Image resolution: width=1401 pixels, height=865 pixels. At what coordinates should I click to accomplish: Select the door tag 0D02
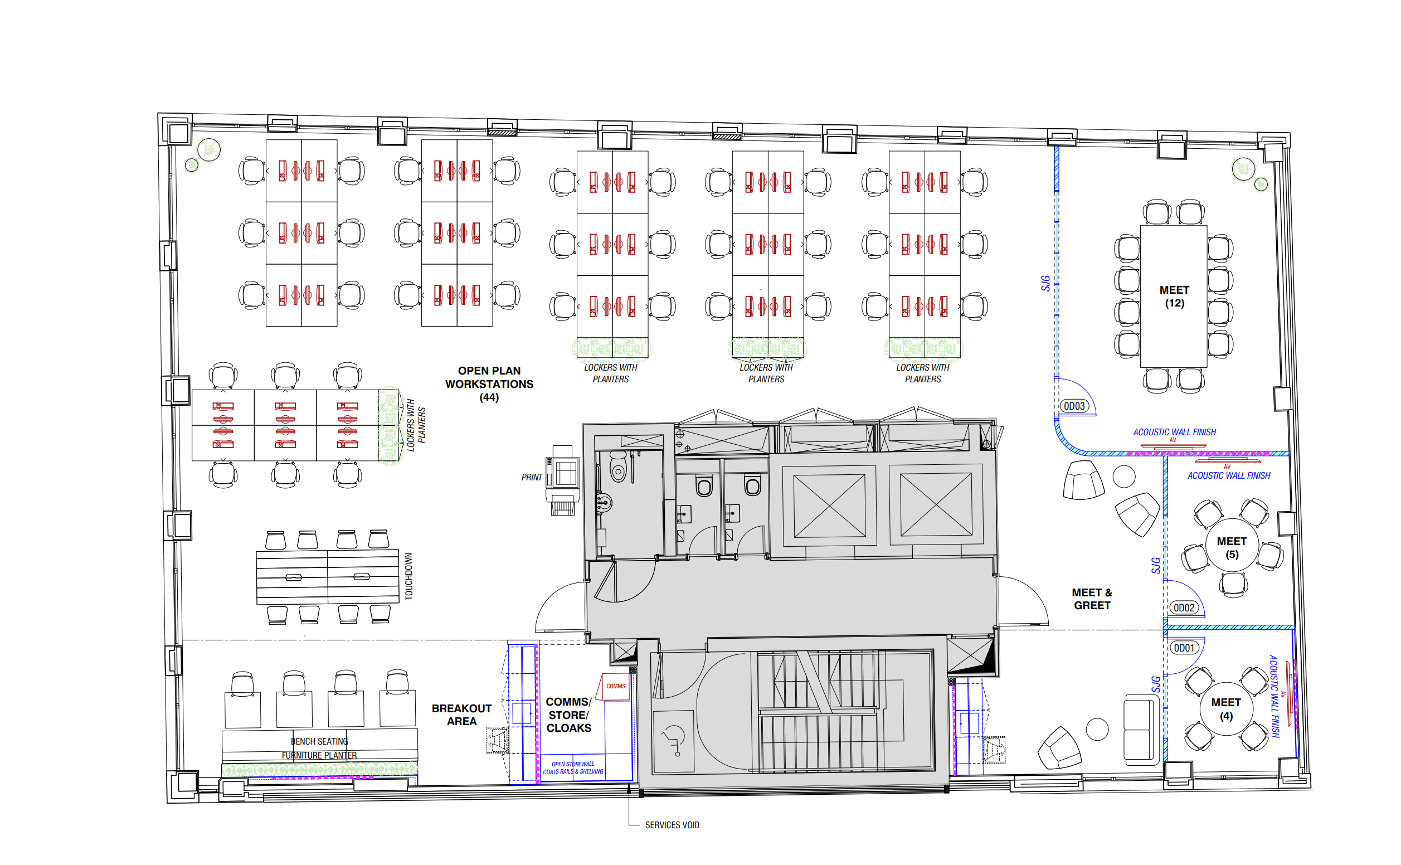[x=1184, y=608]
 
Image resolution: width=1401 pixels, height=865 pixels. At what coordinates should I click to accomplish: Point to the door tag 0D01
[x=1184, y=648]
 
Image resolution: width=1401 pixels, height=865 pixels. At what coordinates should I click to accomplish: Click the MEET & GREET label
[x=1092, y=599]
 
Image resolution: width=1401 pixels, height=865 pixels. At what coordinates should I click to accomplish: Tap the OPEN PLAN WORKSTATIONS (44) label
[x=489, y=384]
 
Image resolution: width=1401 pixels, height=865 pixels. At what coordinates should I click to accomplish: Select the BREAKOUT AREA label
[x=461, y=715]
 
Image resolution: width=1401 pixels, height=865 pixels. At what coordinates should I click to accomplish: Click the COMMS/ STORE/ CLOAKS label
[x=568, y=715]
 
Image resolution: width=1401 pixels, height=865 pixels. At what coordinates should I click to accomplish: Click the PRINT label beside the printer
[x=531, y=477]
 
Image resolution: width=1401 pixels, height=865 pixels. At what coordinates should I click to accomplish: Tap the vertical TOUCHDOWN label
[x=408, y=576]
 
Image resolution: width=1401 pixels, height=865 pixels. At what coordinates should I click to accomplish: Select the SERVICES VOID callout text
[x=672, y=825]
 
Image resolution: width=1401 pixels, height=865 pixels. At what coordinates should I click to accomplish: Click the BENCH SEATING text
[x=319, y=741]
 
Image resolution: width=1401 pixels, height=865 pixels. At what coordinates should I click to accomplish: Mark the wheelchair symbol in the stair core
[x=673, y=740]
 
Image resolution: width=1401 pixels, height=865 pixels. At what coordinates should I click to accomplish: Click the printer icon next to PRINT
[x=563, y=480]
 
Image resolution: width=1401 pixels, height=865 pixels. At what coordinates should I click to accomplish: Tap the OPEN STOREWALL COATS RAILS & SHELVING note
[x=573, y=768]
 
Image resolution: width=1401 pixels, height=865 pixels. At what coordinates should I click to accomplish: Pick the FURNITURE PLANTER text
[x=319, y=755]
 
